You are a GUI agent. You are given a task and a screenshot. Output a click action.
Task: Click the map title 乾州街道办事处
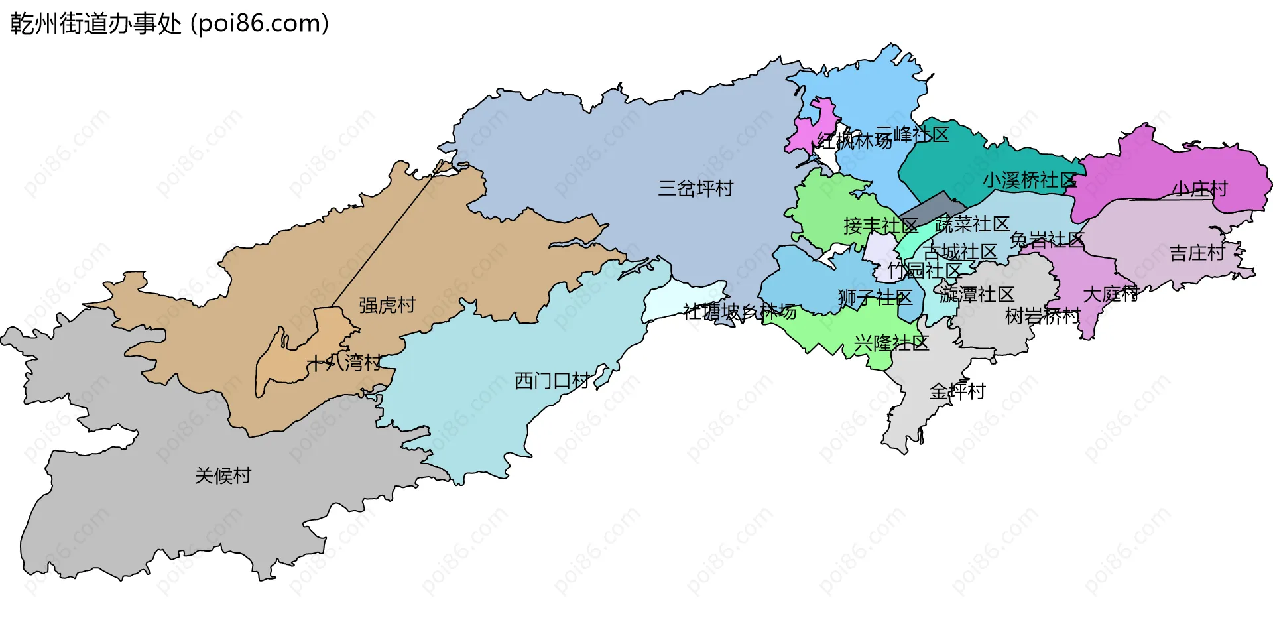coord(96,24)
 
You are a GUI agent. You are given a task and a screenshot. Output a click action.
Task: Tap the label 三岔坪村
coord(696,189)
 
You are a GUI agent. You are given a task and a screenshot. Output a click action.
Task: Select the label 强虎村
coord(387,305)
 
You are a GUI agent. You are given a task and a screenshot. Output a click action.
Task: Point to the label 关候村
coord(223,476)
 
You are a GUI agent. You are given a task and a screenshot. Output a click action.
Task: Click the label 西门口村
coord(552,381)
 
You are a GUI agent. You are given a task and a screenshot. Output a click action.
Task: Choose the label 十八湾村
coord(344,363)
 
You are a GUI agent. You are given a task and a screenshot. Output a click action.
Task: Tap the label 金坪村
coord(957,391)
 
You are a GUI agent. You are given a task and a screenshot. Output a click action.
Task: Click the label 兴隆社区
coord(891,343)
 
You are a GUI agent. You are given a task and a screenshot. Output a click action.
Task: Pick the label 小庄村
coord(1199,189)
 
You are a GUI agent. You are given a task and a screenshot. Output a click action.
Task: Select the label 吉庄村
coord(1197,253)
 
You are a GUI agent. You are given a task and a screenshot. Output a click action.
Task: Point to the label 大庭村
coord(1111,294)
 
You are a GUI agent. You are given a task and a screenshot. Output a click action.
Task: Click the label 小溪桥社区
coord(1029,180)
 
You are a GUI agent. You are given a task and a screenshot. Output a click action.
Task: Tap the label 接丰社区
coord(880,226)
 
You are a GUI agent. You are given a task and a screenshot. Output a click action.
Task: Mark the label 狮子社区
coord(875,298)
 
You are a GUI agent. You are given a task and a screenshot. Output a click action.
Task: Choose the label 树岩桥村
coord(1042,316)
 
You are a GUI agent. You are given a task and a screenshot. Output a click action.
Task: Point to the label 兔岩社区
coord(1047,240)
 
